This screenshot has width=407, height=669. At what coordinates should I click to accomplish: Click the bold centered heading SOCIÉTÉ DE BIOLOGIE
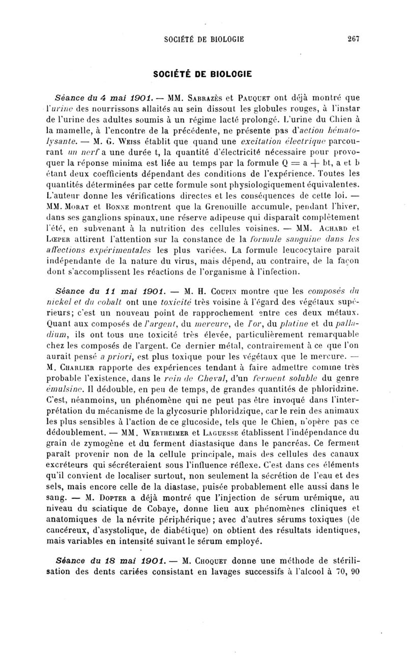pos(203,73)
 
